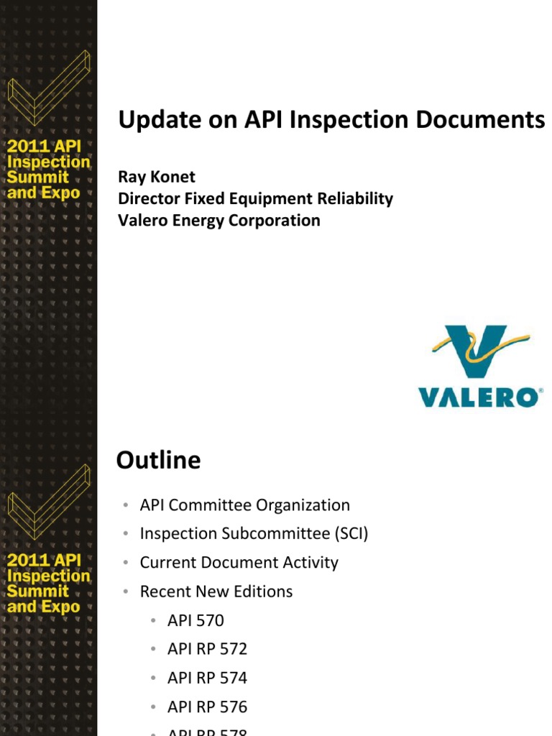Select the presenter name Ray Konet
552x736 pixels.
pos(156,177)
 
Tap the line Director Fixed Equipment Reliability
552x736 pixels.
pos(255,199)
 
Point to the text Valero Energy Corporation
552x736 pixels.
pos(218,221)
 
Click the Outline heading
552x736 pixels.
pos(158,460)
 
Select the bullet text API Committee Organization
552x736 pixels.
pos(244,505)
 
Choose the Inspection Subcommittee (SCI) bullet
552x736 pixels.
pos(254,534)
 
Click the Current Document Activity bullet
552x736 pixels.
pos(239,563)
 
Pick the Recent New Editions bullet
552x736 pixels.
pos(216,592)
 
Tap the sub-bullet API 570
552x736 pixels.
pos(195,620)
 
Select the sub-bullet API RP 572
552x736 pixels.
pos(207,649)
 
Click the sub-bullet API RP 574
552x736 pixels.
pos(207,678)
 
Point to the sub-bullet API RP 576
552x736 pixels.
pos(207,707)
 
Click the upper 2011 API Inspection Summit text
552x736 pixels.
pos(48,170)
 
